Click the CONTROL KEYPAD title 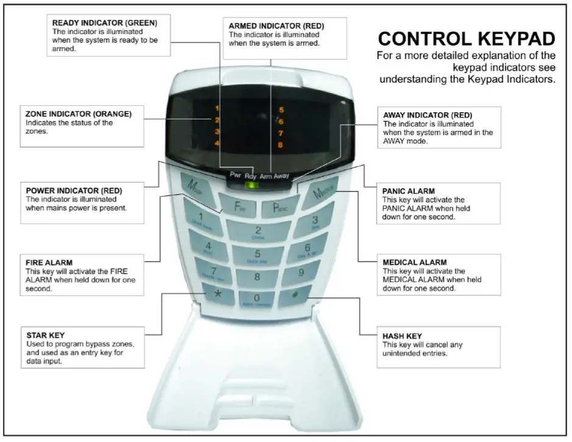click(x=467, y=40)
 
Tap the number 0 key click(x=256, y=298)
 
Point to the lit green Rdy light click(x=248, y=186)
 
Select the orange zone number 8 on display click(x=280, y=145)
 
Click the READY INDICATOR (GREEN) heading click(x=105, y=23)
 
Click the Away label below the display click(x=281, y=175)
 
